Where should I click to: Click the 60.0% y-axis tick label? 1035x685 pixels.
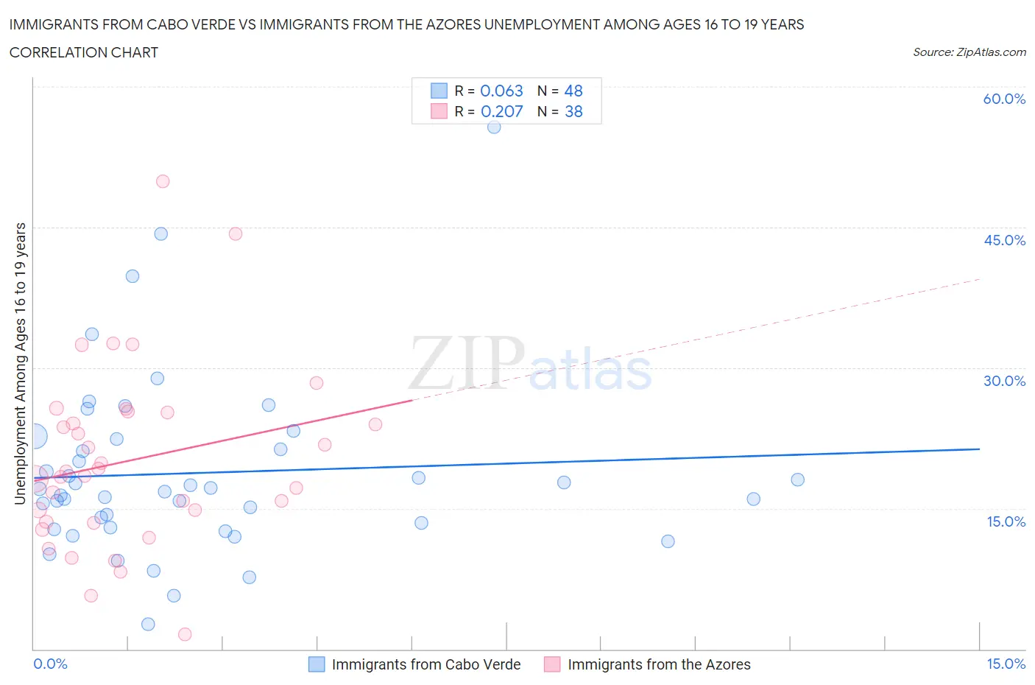(1004, 99)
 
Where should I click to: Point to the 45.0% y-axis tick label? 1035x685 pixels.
(1004, 240)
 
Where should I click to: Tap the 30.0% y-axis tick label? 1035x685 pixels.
(1004, 381)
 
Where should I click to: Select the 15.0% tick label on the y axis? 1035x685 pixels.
(1006, 521)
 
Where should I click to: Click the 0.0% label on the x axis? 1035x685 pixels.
(50, 664)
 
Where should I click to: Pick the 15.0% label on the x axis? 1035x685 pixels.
(1006, 664)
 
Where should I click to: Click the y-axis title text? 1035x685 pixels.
(21, 364)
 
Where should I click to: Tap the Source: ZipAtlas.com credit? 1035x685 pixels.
(969, 52)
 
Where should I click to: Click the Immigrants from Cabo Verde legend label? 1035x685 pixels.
(426, 664)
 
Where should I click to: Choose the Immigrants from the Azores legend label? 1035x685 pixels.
(659, 664)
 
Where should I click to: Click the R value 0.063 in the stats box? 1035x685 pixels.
(501, 91)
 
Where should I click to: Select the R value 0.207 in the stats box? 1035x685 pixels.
(501, 111)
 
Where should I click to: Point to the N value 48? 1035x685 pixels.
(573, 91)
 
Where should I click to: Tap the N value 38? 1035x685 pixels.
(573, 111)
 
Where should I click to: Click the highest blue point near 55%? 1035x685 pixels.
(494, 127)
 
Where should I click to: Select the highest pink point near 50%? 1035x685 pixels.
(163, 181)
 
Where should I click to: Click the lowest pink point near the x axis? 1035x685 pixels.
(185, 634)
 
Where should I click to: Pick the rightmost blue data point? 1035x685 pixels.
(797, 479)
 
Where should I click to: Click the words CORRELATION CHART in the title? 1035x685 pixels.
(84, 52)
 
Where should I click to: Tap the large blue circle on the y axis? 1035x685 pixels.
(34, 436)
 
